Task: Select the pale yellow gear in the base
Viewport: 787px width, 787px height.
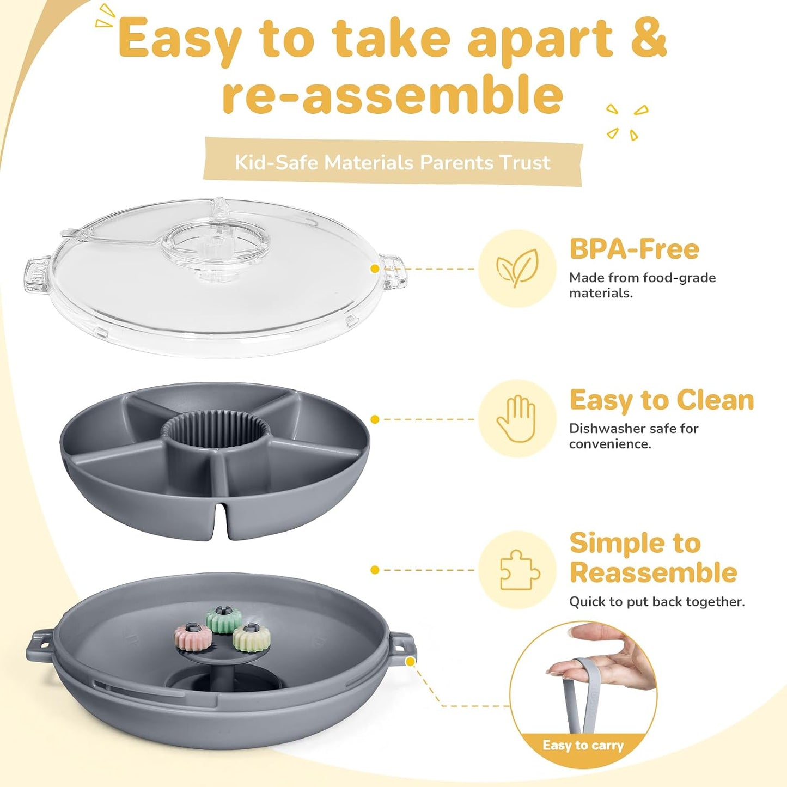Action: pos(252,638)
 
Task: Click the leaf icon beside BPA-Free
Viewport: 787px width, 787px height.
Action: pos(517,268)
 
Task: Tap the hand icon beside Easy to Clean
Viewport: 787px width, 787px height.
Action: pos(516,418)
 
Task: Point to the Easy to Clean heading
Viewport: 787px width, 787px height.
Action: pos(662,400)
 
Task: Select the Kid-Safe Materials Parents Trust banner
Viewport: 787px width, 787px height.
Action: pos(393,162)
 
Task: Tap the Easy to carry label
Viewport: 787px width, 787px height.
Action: pos(583,745)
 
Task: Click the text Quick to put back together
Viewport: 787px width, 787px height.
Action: pos(657,602)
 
